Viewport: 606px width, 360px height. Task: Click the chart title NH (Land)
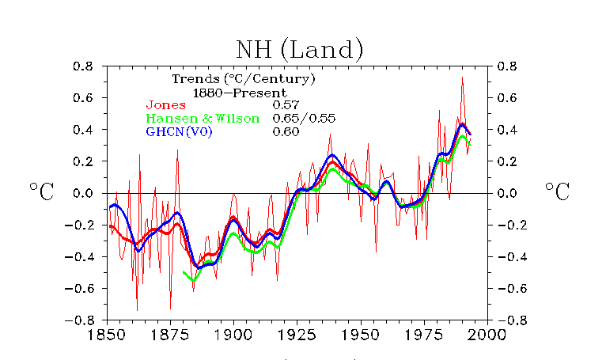coord(300,50)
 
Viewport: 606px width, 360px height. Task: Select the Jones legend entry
coord(166,104)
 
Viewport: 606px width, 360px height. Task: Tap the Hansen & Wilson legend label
coord(203,119)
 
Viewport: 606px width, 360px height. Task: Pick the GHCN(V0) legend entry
coord(179,132)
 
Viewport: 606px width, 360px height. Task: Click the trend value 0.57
coord(286,104)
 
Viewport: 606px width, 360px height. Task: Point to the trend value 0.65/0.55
coord(304,119)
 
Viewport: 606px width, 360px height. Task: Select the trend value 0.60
coord(286,132)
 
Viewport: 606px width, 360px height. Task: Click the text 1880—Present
coord(240,93)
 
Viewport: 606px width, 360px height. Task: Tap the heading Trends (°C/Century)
coord(244,79)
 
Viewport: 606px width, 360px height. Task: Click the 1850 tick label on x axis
coord(107,334)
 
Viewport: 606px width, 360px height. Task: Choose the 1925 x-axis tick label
coord(297,334)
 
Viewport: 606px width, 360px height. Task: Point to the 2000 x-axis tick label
coord(487,334)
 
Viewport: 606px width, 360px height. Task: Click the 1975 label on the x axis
coord(423,334)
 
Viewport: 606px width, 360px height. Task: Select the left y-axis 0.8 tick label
coord(83,66)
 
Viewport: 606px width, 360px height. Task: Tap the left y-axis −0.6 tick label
coord(79,289)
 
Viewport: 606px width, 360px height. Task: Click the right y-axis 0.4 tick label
coord(507,130)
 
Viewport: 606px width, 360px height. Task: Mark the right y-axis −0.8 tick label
coord(512,320)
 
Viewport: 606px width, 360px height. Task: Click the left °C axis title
coord(42,191)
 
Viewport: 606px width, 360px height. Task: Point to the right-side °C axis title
coord(558,191)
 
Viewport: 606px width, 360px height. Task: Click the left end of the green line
coord(184,272)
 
